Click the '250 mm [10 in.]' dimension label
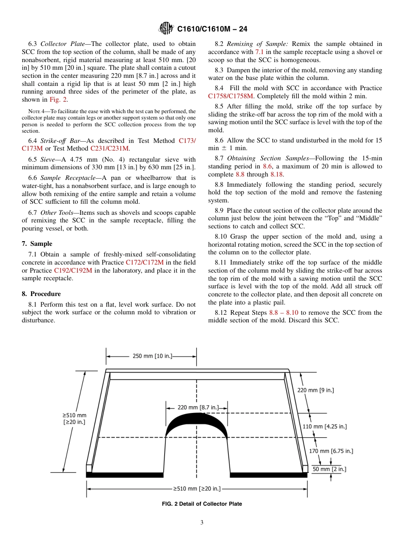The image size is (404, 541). [152, 356]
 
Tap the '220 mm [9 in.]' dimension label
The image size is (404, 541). [315, 390]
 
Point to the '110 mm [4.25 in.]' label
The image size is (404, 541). [324, 426]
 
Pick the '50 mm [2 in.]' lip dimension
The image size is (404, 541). [329, 469]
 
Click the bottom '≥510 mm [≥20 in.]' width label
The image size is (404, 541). [196, 489]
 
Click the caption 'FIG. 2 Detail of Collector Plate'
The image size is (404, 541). [202, 504]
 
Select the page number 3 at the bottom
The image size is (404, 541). [202, 523]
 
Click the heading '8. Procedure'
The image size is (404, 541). [41, 294]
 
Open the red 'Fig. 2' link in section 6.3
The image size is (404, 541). [58, 100]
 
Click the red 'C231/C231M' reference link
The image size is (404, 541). [110, 148]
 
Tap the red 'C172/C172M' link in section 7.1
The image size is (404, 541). [145, 262]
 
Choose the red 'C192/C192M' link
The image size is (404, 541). [73, 270]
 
